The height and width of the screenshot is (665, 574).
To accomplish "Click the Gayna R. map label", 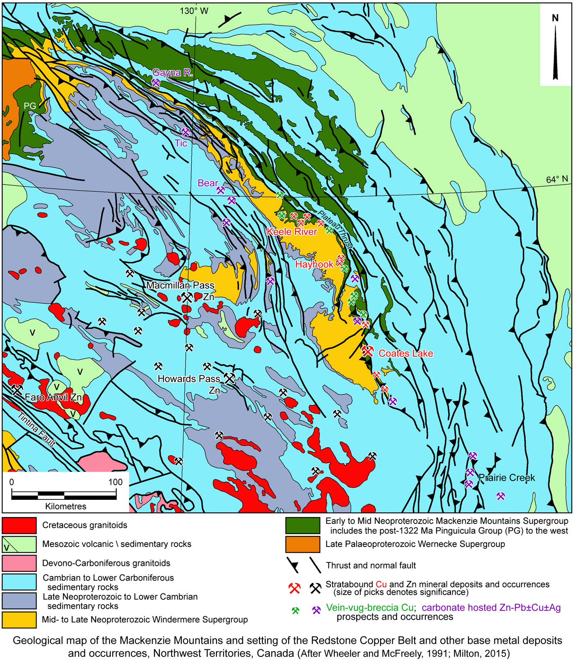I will pos(172,73).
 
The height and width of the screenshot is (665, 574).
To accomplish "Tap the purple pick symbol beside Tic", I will pos(185,132).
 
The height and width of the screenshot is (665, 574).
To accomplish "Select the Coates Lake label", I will pos(405,353).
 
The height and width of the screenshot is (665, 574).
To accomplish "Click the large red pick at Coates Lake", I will pos(368,351).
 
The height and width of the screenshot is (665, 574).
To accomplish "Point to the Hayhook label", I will pos(314,264).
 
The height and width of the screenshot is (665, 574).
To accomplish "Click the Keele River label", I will pos(292,232).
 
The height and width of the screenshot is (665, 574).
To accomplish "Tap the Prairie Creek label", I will pos(507,478).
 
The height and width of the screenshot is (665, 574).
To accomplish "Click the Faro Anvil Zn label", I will pos(53,397).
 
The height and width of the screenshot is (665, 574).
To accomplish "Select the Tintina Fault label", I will pos(36,429).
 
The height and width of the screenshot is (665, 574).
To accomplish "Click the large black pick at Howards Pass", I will pos(229,378).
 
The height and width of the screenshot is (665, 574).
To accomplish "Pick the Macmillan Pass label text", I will pos(180,285).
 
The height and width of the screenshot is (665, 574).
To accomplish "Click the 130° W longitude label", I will pos(194,11).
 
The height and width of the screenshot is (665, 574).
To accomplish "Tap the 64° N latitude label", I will pos(557,180).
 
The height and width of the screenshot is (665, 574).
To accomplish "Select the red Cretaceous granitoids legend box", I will pos(19,526).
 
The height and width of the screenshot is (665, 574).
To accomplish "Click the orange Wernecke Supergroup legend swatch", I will pos(303,544).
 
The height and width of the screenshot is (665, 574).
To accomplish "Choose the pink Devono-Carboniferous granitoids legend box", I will pos(19,563).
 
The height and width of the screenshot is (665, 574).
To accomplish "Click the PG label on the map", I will pos(30,106).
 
